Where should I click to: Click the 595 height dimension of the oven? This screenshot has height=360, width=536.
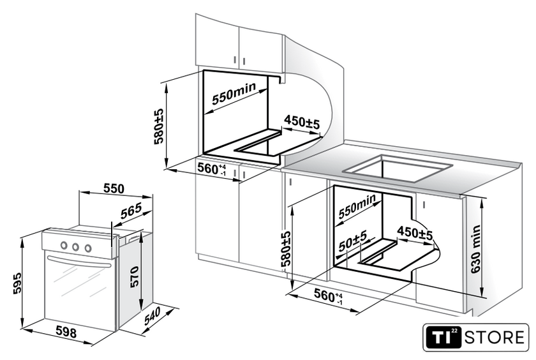pyautogui.click(x=17, y=283)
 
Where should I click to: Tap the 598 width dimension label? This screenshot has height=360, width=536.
pyautogui.click(x=66, y=332)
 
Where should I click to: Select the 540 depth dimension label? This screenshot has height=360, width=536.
pyautogui.click(x=153, y=316)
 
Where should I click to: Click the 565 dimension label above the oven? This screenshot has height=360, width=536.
pyautogui.click(x=131, y=211)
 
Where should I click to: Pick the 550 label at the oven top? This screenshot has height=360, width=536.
pyautogui.click(x=114, y=188)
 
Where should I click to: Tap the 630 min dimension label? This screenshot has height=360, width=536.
pyautogui.click(x=475, y=249)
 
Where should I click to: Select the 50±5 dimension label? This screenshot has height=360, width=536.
pyautogui.click(x=353, y=241)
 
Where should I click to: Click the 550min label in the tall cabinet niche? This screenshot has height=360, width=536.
pyautogui.click(x=234, y=93)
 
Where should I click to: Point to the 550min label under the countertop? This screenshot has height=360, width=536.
pyautogui.click(x=357, y=206)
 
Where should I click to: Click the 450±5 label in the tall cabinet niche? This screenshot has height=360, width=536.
pyautogui.click(x=302, y=122)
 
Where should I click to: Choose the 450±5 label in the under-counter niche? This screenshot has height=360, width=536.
pyautogui.click(x=415, y=233)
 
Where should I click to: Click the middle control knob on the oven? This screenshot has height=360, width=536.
pyautogui.click(x=75, y=246)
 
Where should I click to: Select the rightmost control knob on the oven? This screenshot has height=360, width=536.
pyautogui.click(x=88, y=248)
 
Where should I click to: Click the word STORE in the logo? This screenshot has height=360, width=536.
pyautogui.click(x=495, y=338)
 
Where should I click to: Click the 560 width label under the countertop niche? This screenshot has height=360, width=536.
pyautogui.click(x=328, y=296)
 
